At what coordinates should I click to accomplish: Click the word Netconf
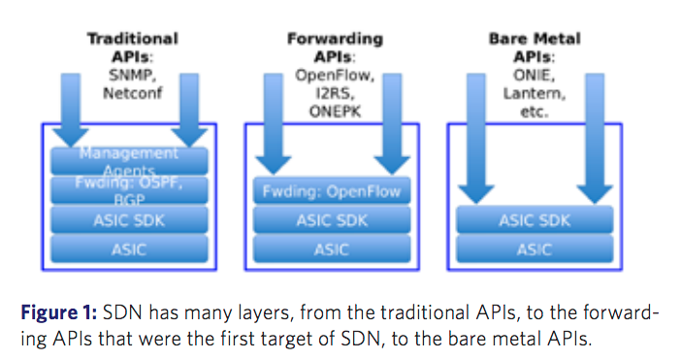[133, 93]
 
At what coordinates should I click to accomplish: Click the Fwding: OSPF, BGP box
[129, 189]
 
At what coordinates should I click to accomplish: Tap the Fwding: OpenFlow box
[331, 191]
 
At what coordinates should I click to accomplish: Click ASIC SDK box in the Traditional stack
[129, 220]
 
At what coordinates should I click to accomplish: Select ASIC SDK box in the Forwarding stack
[331, 220]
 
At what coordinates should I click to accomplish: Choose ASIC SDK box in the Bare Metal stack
[534, 220]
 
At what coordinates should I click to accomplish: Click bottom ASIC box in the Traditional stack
[129, 249]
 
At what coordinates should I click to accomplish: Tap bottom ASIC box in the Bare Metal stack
[534, 249]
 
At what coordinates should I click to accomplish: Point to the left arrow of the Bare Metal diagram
[475, 136]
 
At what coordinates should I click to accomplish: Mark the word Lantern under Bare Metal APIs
[534, 94]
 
